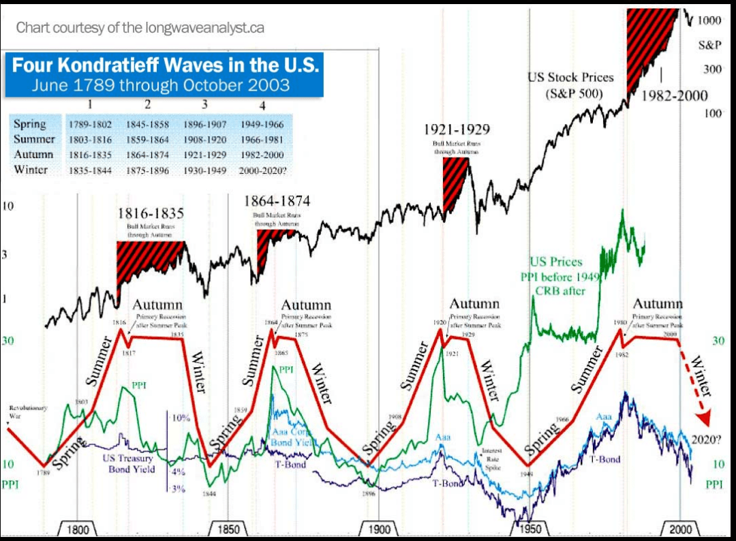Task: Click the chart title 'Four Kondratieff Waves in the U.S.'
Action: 166,66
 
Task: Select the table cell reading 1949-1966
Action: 262,125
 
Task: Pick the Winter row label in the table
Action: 31,170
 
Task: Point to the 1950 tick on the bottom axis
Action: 529,530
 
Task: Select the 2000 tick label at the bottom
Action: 680,530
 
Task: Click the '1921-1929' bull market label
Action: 456,129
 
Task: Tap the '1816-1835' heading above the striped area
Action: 150,213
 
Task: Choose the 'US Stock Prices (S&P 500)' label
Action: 570,85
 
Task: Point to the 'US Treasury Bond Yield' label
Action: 129,463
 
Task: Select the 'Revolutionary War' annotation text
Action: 28,411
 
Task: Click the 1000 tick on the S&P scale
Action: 709,21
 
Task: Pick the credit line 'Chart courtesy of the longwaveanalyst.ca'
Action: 140,28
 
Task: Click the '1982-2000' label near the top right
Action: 675,96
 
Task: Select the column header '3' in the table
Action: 204,106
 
